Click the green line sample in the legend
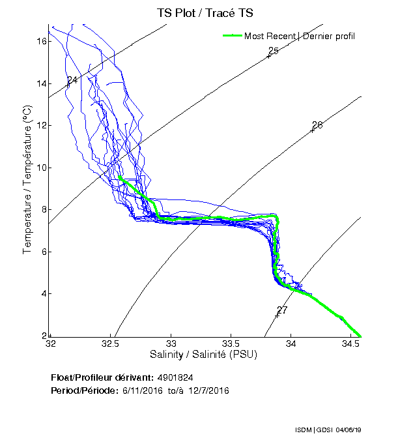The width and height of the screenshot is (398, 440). tap(232, 36)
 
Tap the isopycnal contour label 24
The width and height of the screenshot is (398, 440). tap(72, 80)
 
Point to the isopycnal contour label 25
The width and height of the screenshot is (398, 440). tap(274, 51)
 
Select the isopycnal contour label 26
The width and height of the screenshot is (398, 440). tap(317, 125)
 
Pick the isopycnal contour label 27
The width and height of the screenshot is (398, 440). tap(282, 310)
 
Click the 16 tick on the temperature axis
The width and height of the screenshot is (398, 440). tap(40, 41)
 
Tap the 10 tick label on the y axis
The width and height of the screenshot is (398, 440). tap(40, 168)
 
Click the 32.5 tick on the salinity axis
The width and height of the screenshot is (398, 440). tap(111, 344)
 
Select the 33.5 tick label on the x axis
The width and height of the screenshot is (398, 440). tap(231, 344)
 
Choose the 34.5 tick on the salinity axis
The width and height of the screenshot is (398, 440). tap(351, 344)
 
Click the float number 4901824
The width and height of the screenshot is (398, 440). tap(175, 377)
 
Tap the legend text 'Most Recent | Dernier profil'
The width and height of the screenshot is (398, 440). tap(299, 36)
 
